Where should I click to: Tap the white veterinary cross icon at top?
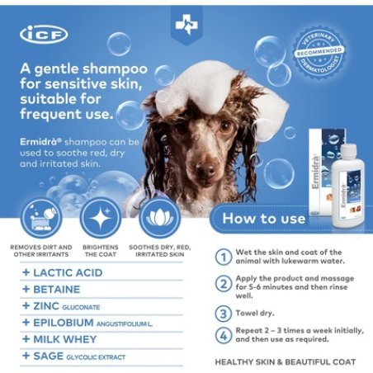coord(186,26)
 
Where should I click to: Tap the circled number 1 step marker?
coord(223,257)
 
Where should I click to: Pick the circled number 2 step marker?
coord(223,285)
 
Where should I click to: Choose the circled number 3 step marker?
coord(223,314)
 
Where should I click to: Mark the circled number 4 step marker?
coord(223,335)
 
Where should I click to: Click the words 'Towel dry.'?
coord(257,314)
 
